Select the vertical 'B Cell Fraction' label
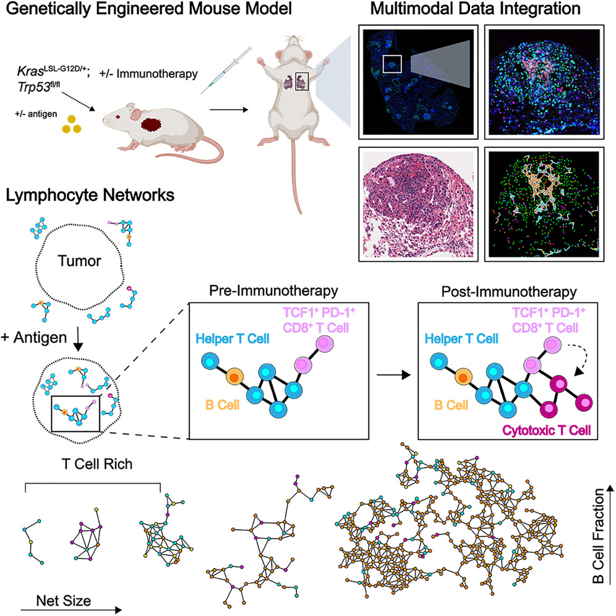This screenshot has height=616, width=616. coord(599,538)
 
